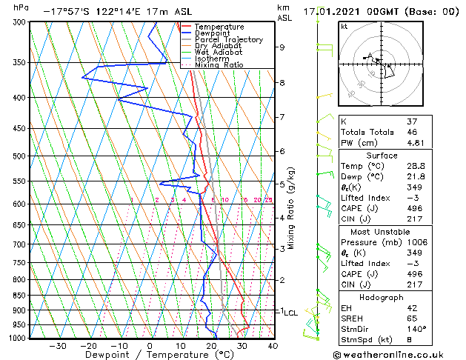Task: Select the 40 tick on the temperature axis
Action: point(273,345)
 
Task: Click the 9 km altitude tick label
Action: point(282,47)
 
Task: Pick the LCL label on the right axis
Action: point(290,313)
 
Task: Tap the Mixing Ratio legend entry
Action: point(219,65)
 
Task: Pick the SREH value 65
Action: point(413,318)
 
